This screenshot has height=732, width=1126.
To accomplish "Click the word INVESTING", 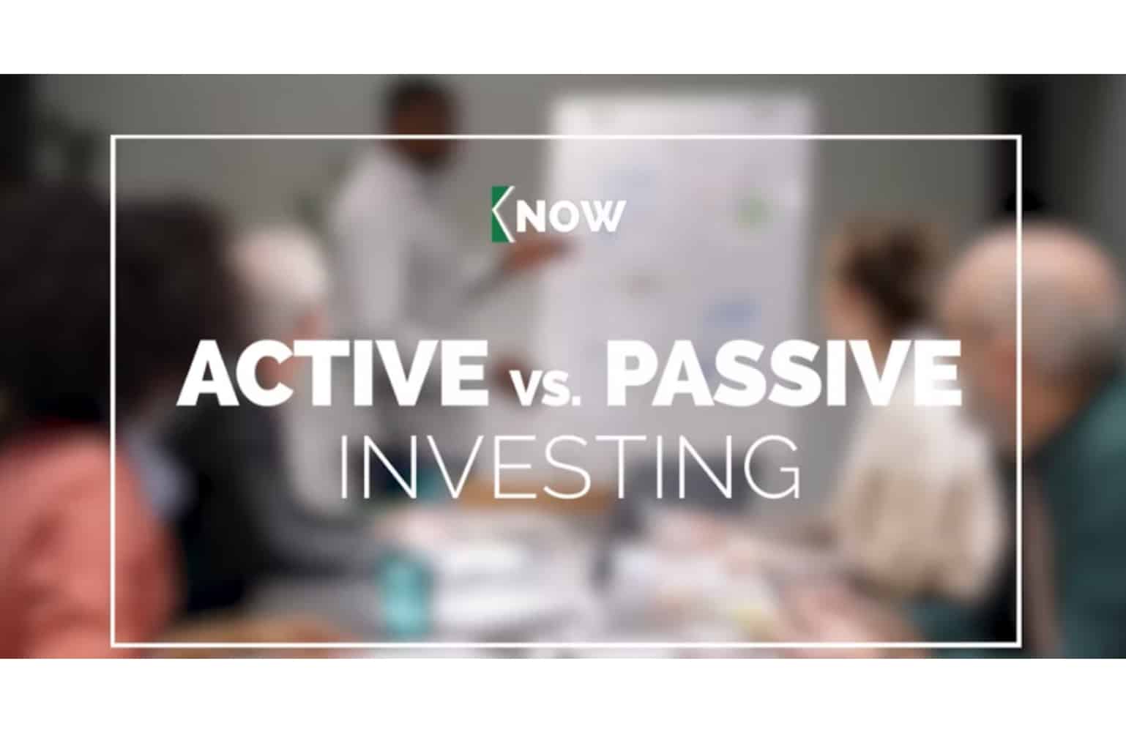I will click(x=569, y=467).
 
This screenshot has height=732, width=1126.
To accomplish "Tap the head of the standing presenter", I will click(x=422, y=113).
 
